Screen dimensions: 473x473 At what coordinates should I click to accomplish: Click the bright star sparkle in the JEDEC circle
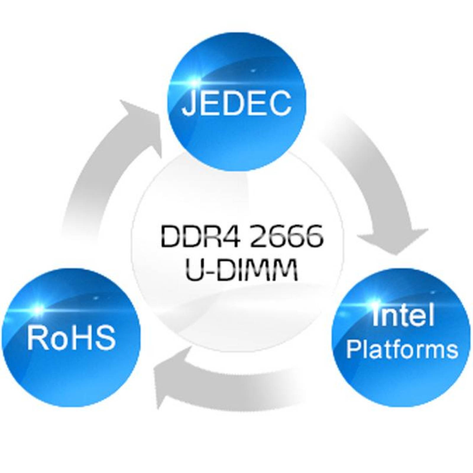coord(194,79)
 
